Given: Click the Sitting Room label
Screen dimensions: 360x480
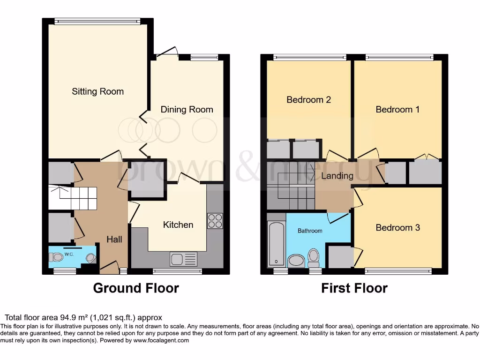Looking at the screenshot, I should coord(97,91).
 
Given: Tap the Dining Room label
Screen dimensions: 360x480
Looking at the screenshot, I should coord(187,110).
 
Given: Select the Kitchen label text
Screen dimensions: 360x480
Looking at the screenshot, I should coord(178,225).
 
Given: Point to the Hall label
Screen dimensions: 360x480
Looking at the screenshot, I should coord(114,240).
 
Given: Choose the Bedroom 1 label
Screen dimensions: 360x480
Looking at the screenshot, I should coord(397,110).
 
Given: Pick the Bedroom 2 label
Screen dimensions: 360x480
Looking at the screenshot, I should coord(308,100).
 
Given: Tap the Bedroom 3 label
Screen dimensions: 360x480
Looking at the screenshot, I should coord(397,228).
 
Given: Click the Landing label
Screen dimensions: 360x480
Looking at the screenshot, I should coord(337,176).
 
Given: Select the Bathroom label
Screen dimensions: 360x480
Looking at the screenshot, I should coord(310,231).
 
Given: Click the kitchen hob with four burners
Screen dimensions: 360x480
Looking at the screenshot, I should coord(215,221).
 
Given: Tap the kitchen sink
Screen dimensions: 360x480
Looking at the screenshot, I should coord(184,259).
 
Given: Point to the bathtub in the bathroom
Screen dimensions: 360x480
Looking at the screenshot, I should coord(276,244).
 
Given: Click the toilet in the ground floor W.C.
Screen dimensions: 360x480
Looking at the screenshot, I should coord(56,257).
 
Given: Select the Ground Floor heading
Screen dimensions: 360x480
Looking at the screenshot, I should coord(136,288).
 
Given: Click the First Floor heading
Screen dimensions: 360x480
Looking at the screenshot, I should coord(354,288).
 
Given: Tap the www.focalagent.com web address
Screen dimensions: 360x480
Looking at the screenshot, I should coord(161,341).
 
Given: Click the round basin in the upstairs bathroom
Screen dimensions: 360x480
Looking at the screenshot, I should coord(296,261).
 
